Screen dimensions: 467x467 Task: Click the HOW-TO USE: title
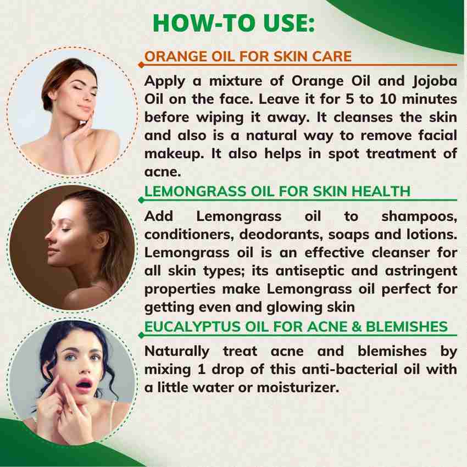click(x=233, y=23)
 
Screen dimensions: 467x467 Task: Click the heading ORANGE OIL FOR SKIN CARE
click(x=247, y=57)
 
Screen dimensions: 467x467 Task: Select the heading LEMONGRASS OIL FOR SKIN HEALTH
click(x=277, y=191)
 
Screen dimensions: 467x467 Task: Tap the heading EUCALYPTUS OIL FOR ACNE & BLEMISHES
click(x=296, y=326)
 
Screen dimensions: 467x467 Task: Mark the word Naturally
click(x=177, y=351)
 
